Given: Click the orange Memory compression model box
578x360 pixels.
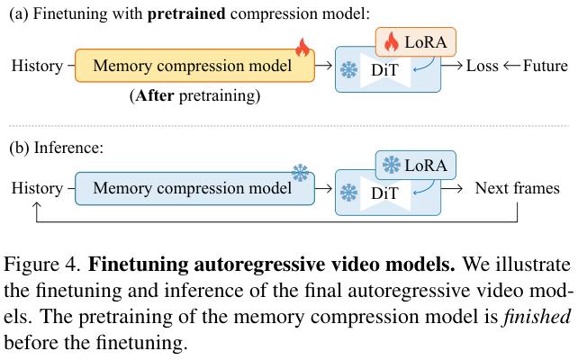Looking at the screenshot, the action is click(x=194, y=66).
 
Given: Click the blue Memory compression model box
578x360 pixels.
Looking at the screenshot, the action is click(x=194, y=188).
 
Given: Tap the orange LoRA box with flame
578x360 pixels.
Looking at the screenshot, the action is click(x=415, y=42).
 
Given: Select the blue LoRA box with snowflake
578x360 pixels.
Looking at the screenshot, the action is click(x=415, y=165).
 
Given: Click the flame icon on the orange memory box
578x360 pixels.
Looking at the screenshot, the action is click(x=303, y=48).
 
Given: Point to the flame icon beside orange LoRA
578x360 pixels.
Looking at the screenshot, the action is click(x=392, y=41).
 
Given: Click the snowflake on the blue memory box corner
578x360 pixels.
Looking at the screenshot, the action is click(x=301, y=173).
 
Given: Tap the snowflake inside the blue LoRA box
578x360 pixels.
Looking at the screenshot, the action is click(x=392, y=165).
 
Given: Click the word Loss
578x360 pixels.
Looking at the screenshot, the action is click(x=483, y=66).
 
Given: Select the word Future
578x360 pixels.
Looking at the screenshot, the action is click(x=546, y=66).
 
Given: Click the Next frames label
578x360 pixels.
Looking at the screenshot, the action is click(x=517, y=188).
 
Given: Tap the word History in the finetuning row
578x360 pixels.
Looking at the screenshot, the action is click(x=37, y=66).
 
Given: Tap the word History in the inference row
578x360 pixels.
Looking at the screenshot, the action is click(x=37, y=188).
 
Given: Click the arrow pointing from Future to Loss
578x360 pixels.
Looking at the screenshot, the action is click(x=511, y=66).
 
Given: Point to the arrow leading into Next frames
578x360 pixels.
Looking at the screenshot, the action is click(x=452, y=189).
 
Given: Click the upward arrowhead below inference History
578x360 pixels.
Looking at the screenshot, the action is click(x=37, y=205).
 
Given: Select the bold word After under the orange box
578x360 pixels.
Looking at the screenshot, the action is click(x=155, y=95).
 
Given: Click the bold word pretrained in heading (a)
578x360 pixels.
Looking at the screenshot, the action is click(x=186, y=14).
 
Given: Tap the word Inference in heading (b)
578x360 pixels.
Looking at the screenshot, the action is click(x=69, y=148).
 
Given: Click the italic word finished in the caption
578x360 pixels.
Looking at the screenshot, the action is click(x=537, y=317).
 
